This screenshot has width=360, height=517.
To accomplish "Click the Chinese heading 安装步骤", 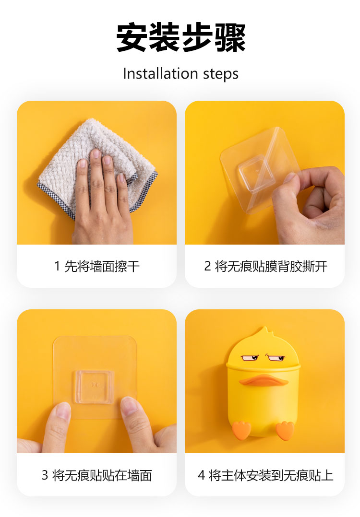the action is coord(181,37).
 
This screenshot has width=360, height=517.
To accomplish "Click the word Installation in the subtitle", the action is coord(160,73).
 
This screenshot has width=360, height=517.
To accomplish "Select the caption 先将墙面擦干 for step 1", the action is coord(102,266).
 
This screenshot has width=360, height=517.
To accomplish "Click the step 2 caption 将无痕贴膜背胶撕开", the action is coord(271,266).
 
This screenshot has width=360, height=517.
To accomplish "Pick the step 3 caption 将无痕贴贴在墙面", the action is coord(102,475).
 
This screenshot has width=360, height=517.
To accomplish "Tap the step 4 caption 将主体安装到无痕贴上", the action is coord(271,475).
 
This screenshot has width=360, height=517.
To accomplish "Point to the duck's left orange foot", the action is coord(241,430).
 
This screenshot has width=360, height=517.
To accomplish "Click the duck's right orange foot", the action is coord(285,430).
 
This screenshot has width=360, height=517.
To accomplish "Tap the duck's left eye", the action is coord(251,358).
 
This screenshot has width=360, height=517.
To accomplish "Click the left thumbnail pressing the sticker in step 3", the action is coord(63,410).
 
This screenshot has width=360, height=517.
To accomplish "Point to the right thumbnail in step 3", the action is coord(129,405).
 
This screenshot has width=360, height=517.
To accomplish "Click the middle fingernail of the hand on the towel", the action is coord(96,153).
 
